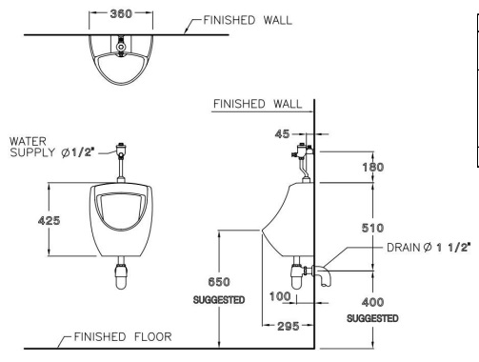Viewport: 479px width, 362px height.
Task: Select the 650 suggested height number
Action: (x=217, y=282)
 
